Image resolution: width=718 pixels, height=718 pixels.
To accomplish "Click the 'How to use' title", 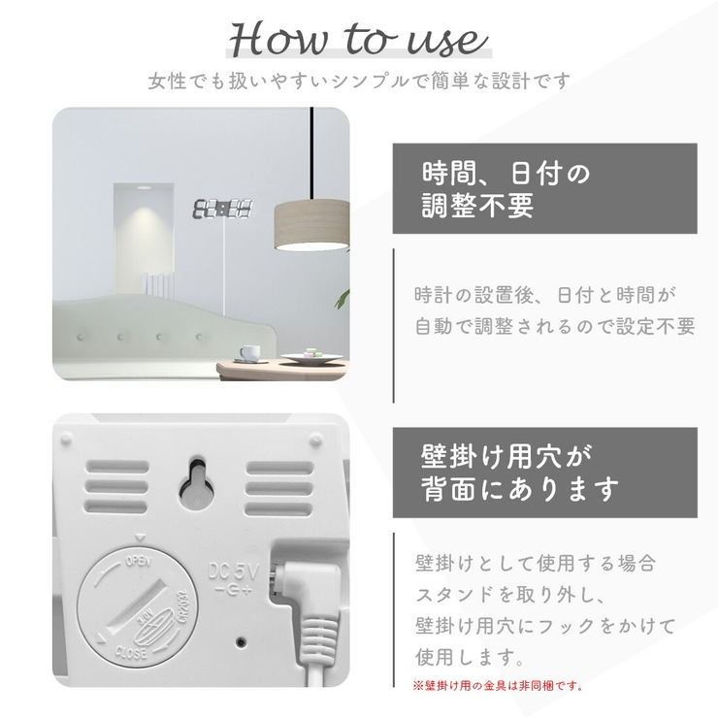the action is click(x=358, y=40).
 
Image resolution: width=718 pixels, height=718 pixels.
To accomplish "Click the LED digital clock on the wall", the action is click(x=222, y=209).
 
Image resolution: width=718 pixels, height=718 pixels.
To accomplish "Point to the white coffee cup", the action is click(x=249, y=352).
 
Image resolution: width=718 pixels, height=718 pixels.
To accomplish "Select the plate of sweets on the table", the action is click(x=311, y=356).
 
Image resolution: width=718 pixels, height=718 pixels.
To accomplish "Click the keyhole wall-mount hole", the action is click(x=197, y=483).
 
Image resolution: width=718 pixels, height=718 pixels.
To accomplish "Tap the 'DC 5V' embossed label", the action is click(x=234, y=571).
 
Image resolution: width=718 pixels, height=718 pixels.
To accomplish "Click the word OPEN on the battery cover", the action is click(x=139, y=561).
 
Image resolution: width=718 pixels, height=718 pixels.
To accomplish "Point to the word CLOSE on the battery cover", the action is click(x=131, y=652).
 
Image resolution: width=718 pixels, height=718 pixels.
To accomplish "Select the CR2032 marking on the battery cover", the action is click(x=186, y=605).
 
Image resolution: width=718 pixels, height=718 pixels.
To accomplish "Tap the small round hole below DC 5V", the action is click(x=242, y=642).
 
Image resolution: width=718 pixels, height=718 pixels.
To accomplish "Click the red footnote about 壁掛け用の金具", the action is click(x=498, y=685).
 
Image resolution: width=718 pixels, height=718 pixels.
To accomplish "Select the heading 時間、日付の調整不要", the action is click(x=506, y=189).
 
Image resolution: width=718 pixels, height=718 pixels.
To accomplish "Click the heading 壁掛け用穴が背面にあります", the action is click(x=520, y=473).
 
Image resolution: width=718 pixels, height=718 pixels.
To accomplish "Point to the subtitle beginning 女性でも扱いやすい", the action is click(x=359, y=82).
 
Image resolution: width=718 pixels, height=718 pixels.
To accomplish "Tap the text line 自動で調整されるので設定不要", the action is click(x=555, y=326).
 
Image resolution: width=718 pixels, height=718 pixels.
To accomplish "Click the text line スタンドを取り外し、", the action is click(x=510, y=595).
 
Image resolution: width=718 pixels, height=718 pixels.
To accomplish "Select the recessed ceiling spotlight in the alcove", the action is click(x=144, y=187).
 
